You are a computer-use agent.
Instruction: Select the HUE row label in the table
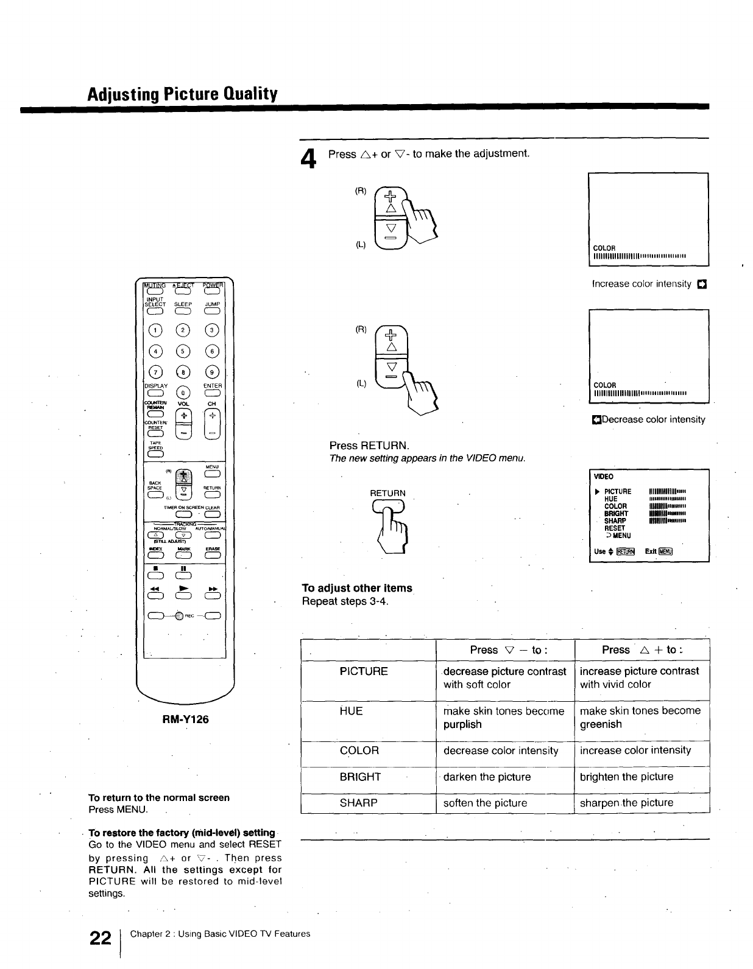pyautogui.click(x=351, y=711)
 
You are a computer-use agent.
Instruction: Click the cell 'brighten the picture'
pyautogui.click(x=626, y=777)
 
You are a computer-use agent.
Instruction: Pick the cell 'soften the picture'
pyautogui.click(x=486, y=803)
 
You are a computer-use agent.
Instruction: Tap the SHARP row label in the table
pyautogui.click(x=359, y=803)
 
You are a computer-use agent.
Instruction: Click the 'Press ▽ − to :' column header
pyautogui.click(x=509, y=650)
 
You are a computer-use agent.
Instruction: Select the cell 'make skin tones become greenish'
pyautogui.click(x=640, y=717)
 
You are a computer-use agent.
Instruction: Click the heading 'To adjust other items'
pyautogui.click(x=357, y=588)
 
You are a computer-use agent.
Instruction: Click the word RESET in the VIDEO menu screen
pyautogui.click(x=615, y=528)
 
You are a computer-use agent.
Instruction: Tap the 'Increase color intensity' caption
pyautogui.click(x=642, y=284)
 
